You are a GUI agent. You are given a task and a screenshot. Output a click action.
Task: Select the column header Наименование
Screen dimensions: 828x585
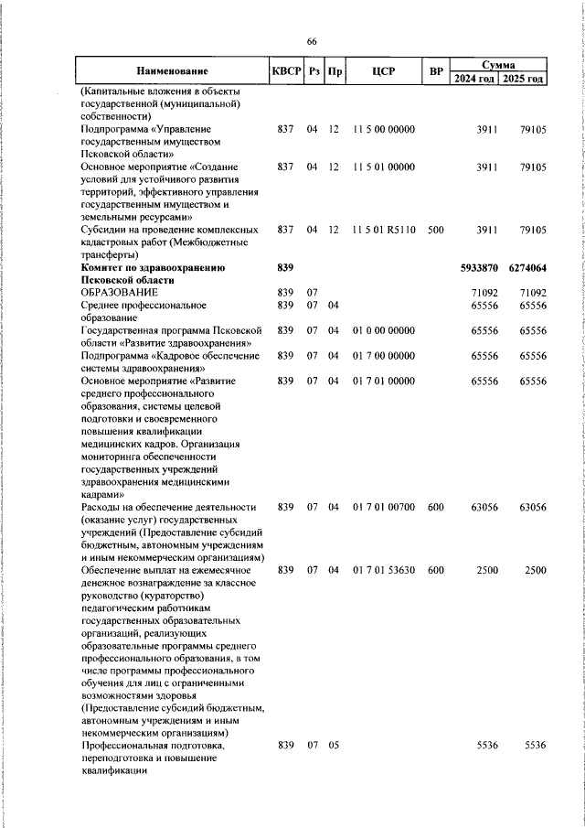[x=172, y=71]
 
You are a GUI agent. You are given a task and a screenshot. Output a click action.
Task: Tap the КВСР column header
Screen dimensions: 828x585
[x=283, y=71]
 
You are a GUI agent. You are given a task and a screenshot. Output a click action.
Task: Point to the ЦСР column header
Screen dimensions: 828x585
[x=382, y=71]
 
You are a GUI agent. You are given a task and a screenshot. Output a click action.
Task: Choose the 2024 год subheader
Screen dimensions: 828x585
[x=474, y=79]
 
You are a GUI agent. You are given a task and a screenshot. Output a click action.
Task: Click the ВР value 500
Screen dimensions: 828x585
[x=435, y=231]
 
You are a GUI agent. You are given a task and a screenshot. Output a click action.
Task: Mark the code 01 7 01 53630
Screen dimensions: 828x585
[x=382, y=569]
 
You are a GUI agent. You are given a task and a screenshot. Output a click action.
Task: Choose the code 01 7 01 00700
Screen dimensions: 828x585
[x=382, y=506]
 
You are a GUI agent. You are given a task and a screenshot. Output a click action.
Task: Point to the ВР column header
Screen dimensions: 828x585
[x=436, y=71]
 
